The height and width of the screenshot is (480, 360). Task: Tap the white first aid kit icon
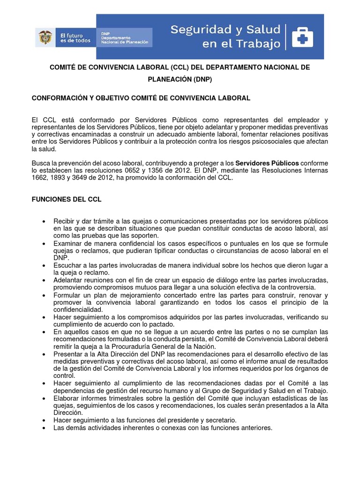tap(302, 37)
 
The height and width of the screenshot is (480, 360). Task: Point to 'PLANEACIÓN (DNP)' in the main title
tap(180, 79)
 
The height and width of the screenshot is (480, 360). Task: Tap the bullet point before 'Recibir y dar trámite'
tap(44, 221)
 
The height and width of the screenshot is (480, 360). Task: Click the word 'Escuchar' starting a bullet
tap(68, 265)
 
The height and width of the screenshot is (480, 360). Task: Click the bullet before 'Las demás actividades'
tap(44, 428)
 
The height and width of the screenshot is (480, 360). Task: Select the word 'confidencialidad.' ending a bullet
tap(78, 310)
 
